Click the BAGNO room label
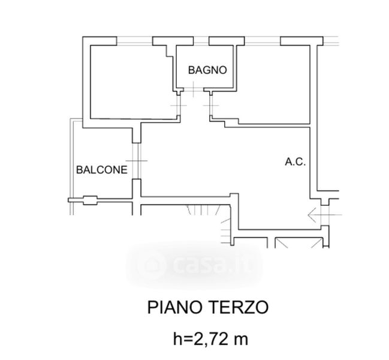coord(207,70)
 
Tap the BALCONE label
coord(102,170)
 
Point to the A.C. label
coord(295,162)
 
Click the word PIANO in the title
coord(174,307)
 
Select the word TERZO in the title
coord(239,307)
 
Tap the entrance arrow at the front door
coord(324,215)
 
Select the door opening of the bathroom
coord(194,89)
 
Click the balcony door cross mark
coord(137,161)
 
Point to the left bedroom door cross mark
coord(179,106)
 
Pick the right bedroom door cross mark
coord(211,106)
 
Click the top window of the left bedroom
coord(134,41)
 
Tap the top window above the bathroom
coord(201,41)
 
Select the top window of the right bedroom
coord(263,41)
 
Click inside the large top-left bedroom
coord(131,82)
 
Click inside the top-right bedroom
coord(273,85)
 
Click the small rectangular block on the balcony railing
coord(90,200)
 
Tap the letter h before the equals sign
coord(177,339)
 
